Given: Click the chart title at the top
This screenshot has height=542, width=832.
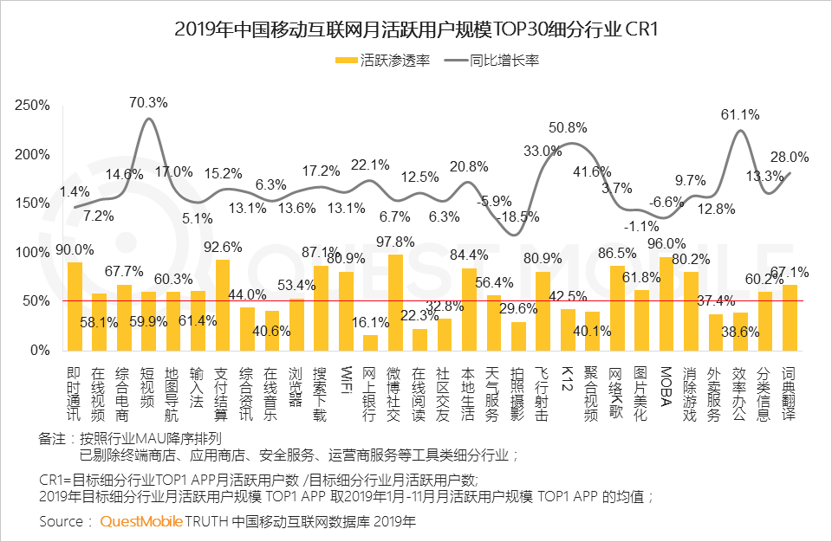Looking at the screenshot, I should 416,29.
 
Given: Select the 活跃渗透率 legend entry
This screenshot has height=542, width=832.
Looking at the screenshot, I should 382,61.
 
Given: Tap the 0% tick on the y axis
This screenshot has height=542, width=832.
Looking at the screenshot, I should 40,351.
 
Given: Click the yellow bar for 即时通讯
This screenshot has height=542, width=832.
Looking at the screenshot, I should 75,306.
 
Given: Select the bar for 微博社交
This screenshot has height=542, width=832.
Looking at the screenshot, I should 395,302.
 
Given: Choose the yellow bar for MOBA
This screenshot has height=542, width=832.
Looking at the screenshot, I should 666,304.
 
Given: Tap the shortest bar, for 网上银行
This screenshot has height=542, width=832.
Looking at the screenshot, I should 370,343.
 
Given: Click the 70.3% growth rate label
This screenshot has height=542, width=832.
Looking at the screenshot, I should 148,102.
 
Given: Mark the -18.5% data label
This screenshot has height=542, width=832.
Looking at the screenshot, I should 521,215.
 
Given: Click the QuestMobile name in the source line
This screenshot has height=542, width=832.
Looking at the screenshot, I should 141,521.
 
